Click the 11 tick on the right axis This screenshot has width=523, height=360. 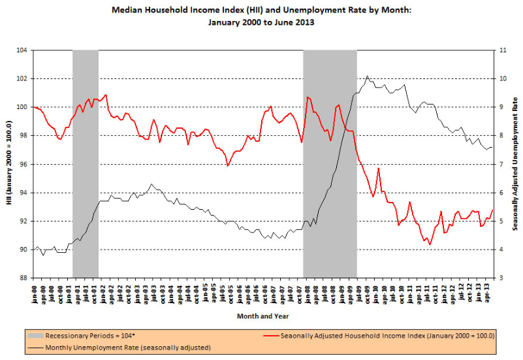tap(500, 50)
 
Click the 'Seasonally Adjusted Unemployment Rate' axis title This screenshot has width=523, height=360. tap(515, 164)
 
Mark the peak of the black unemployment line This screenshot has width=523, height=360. tap(368, 76)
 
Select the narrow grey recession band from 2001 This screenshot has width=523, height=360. tap(85, 163)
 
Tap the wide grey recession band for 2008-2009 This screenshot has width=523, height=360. tap(330, 163)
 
